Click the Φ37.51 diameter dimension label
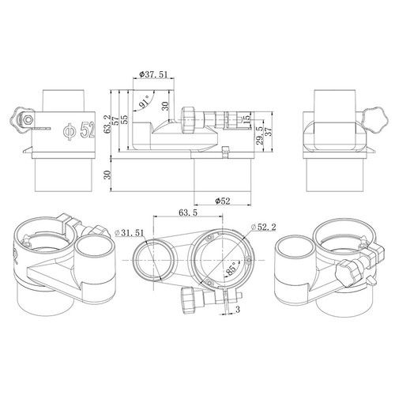(x=153, y=74)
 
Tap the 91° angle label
(x=145, y=102)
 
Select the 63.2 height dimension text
(x=107, y=124)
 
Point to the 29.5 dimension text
(x=260, y=135)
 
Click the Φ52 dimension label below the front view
(x=223, y=201)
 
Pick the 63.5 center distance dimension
(x=188, y=213)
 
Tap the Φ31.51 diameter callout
(x=130, y=233)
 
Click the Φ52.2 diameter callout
(x=264, y=227)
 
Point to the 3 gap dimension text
(x=238, y=310)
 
